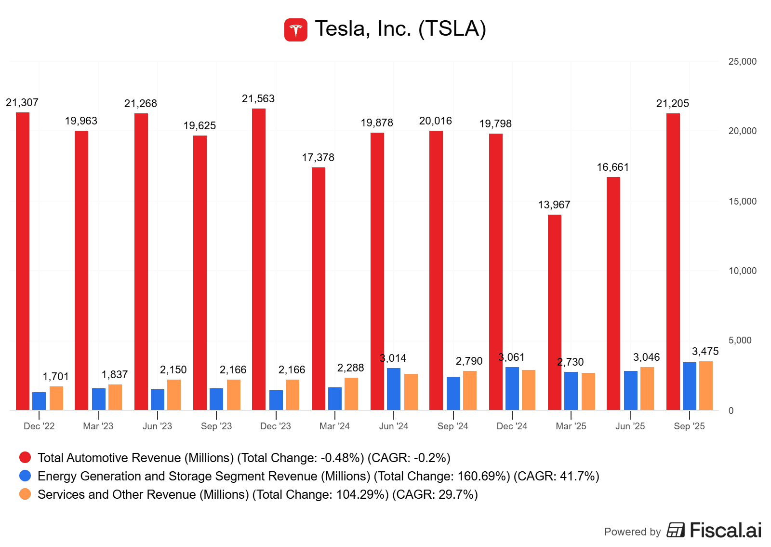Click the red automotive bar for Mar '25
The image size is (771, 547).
(x=555, y=313)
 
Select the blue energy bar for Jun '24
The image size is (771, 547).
(x=394, y=389)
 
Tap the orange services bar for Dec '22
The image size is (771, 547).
(x=56, y=398)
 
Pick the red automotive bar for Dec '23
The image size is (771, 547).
(x=259, y=260)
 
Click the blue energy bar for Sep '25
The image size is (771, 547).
(x=690, y=386)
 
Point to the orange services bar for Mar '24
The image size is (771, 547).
(x=351, y=394)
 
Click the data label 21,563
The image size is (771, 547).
(x=258, y=99)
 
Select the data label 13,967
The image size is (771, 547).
(x=554, y=205)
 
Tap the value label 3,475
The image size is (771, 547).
(x=705, y=352)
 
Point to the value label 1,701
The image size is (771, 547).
(x=56, y=377)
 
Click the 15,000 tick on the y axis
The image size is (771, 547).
(x=742, y=201)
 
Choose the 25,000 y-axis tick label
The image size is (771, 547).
(x=742, y=62)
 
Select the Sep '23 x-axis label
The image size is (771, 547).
(x=216, y=426)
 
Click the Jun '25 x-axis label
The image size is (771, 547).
(x=630, y=426)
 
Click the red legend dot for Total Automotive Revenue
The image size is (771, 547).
(x=25, y=457)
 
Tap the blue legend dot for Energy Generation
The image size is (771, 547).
(x=25, y=476)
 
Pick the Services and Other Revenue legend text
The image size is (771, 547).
(x=257, y=494)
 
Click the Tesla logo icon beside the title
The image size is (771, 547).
(x=296, y=30)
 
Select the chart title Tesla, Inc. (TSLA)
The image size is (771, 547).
(x=400, y=29)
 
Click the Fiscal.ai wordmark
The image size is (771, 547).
(x=725, y=531)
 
